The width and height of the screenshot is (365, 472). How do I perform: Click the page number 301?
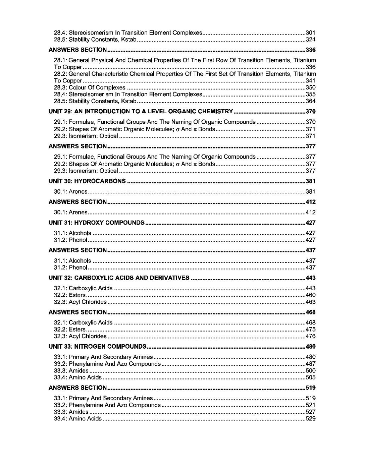[311, 33]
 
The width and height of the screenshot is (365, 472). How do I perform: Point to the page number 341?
[311, 81]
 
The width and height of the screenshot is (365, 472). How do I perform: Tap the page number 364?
[311, 101]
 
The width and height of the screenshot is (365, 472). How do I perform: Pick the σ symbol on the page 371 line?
[176, 129]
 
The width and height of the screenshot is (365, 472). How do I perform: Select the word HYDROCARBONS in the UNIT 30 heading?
[100, 181]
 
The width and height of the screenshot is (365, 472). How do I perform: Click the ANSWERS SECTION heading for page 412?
[77, 202]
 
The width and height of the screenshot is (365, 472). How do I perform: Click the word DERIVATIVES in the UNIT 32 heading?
[169, 278]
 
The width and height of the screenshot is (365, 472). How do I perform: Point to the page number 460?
[311, 295]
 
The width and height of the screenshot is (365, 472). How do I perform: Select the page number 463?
[311, 302]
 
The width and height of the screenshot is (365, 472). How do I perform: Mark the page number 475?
[311, 330]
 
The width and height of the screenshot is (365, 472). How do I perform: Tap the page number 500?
[311, 371]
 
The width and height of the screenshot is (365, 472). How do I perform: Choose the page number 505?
[311, 378]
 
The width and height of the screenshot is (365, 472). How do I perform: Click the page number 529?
[311, 419]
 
